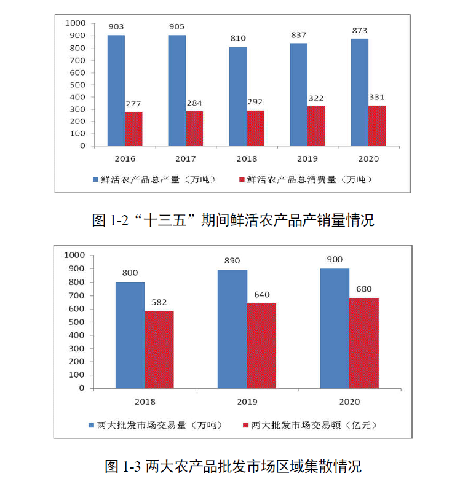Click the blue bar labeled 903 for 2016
click(116, 90)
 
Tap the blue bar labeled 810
click(238, 96)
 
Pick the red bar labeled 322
click(316, 126)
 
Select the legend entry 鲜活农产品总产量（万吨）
click(154, 179)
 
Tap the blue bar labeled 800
click(130, 335)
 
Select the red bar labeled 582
click(159, 349)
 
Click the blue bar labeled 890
click(232, 329)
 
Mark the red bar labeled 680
click(363, 343)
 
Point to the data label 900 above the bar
click(335, 260)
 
